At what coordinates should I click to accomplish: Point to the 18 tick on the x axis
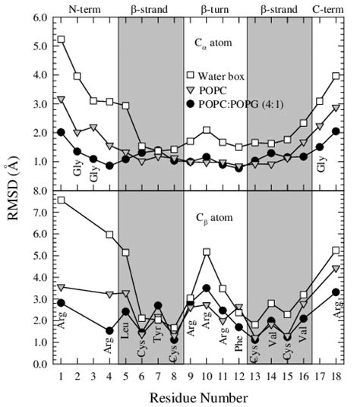coord(336,375)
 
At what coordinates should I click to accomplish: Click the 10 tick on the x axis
coord(207,375)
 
